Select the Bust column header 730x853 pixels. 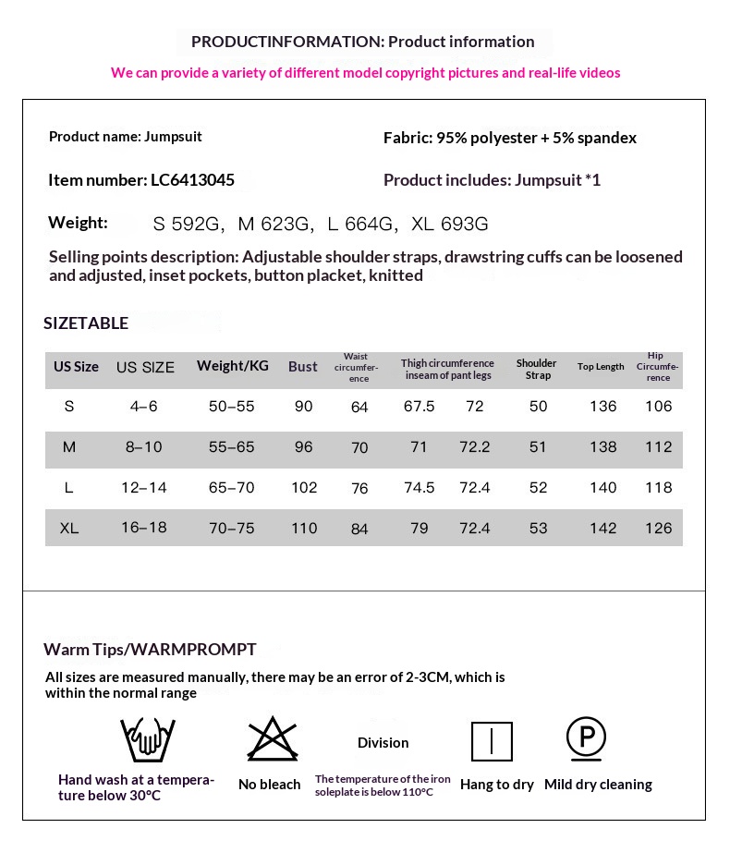coord(303,366)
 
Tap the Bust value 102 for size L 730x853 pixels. coord(304,488)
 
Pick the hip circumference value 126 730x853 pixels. coord(659,529)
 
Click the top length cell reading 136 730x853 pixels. coord(602,407)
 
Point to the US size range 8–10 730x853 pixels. coord(143,447)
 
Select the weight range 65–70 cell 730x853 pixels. coord(232,488)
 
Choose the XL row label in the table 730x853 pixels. coord(69,529)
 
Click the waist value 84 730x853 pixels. coord(359,529)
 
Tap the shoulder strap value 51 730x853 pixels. coord(539,447)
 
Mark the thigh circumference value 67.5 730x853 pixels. coord(420,407)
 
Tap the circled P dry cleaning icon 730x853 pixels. coord(586,737)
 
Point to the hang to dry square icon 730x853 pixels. coord(492,741)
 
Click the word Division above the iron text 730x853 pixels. coord(383,743)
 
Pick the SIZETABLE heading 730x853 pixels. coord(86,323)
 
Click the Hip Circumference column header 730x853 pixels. coord(658,367)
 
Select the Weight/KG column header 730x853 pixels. coord(233,366)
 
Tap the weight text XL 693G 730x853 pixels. coord(449,224)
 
